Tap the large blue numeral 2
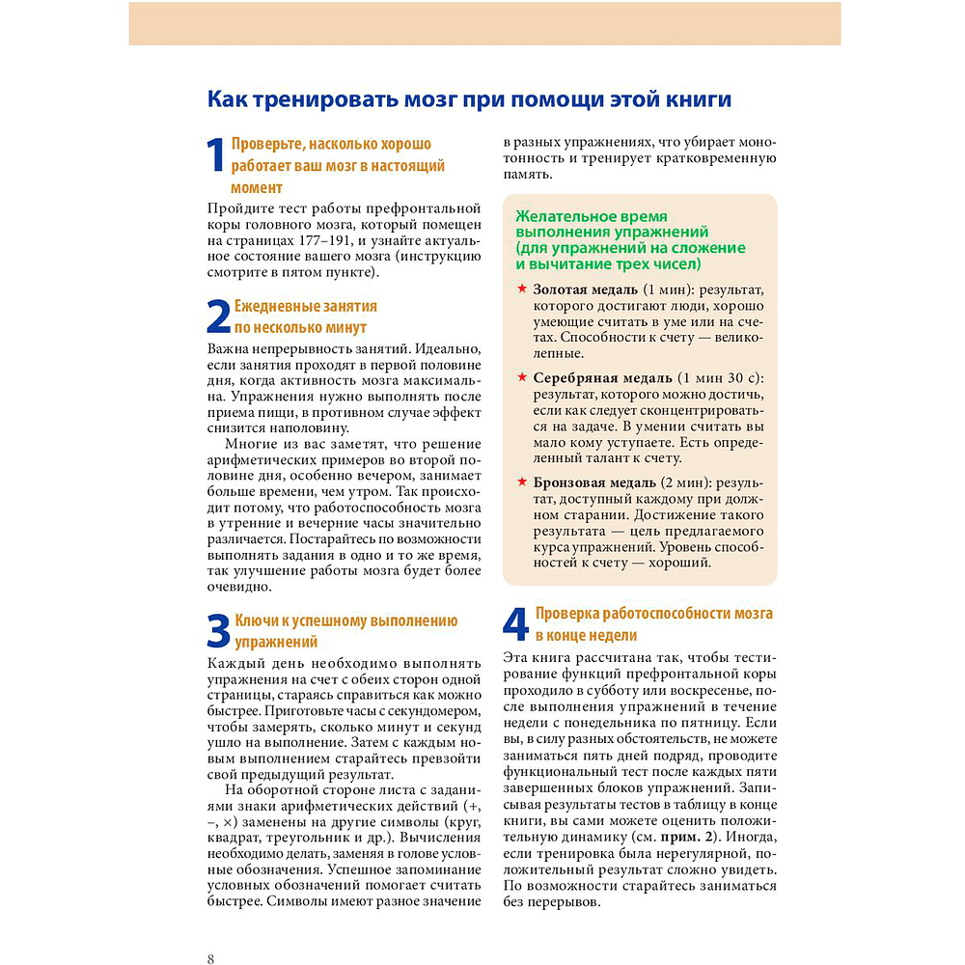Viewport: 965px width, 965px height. click(x=219, y=317)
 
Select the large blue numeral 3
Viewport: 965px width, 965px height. click(x=219, y=632)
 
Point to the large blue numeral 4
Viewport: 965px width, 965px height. click(x=516, y=625)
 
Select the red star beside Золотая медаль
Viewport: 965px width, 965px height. click(x=522, y=289)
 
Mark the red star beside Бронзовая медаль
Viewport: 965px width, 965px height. click(x=522, y=482)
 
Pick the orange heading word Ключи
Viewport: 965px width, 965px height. click(x=256, y=620)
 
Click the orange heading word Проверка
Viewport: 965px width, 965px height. click(x=566, y=614)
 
